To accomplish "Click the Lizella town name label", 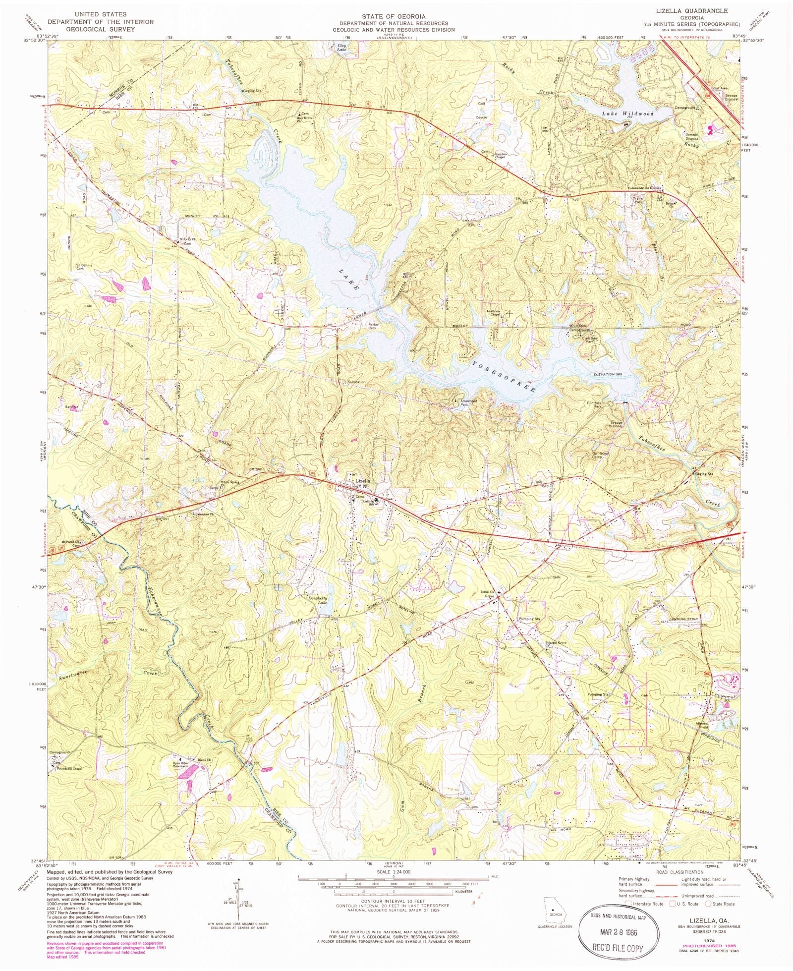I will [x=362, y=481].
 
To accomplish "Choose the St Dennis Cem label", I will [x=84, y=267].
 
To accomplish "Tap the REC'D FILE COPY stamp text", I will [x=617, y=948].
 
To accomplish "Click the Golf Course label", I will [x=481, y=111].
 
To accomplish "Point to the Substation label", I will [x=356, y=382].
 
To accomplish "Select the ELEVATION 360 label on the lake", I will [x=607, y=374].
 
